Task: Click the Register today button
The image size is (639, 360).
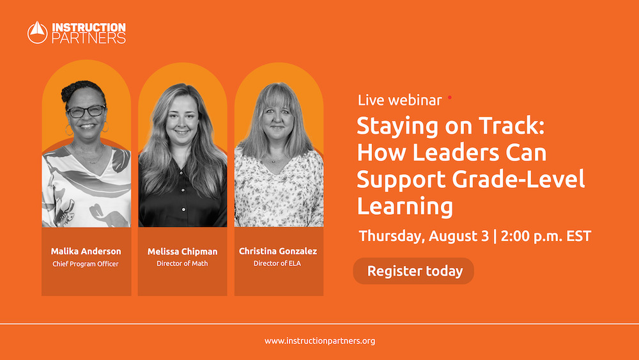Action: point(414,271)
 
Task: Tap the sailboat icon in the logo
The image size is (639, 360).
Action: point(38,33)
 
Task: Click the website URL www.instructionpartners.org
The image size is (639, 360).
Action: point(319,341)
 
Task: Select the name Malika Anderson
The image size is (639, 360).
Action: point(86,251)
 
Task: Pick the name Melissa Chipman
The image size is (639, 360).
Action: point(182,251)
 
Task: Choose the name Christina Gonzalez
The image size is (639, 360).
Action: point(278,251)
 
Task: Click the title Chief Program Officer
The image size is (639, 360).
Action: point(86,263)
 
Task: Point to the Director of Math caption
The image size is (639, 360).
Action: point(182,263)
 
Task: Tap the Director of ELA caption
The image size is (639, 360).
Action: point(278,263)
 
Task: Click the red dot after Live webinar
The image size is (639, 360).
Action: point(449,97)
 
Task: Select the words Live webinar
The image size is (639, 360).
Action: point(399,100)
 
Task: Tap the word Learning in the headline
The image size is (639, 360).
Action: point(404,207)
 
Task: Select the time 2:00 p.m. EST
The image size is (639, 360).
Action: point(546,235)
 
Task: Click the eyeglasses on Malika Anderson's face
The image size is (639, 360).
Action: point(86,111)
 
